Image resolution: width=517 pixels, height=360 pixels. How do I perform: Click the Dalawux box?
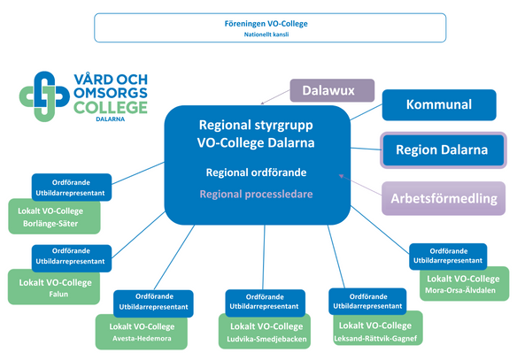[332, 91]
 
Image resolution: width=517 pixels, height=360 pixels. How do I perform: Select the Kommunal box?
[438, 104]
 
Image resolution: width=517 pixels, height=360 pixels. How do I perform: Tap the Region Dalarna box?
[442, 149]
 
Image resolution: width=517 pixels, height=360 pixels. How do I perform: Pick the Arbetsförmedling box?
[444, 198]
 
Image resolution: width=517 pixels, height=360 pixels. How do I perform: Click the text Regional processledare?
[256, 193]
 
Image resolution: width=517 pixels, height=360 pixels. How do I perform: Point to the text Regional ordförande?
[256, 172]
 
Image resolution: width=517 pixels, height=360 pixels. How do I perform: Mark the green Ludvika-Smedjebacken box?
[262, 332]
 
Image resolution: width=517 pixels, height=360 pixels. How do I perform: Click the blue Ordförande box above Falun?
[71, 257]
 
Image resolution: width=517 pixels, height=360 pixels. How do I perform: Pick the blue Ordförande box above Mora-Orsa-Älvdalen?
[449, 256]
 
